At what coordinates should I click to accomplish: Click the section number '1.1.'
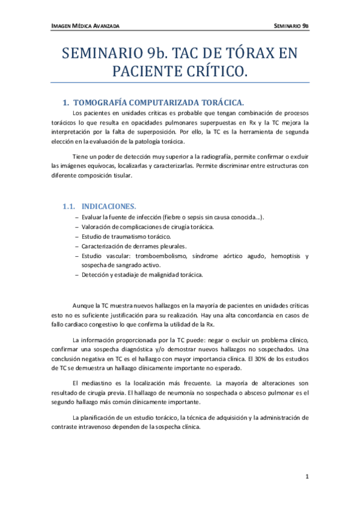tap(71, 206)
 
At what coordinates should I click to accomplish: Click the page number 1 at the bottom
tap(307, 477)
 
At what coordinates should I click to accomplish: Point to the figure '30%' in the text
tap(252, 358)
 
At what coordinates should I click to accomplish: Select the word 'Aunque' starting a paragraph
tap(83, 306)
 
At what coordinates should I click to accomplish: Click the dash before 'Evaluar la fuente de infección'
tap(76, 217)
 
